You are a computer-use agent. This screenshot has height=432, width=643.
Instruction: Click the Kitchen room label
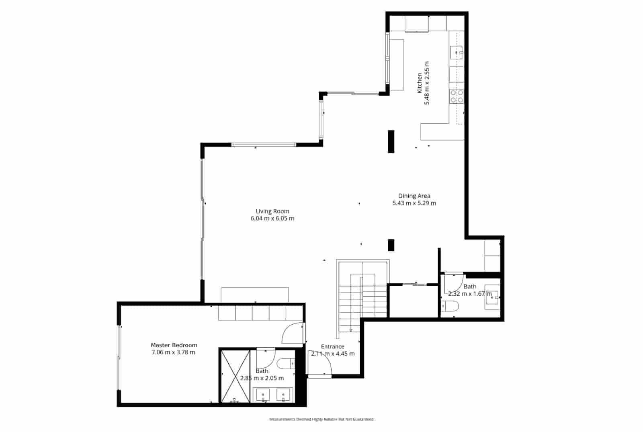coord(420,83)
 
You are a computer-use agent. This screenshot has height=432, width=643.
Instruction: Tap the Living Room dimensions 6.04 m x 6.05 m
coord(272,219)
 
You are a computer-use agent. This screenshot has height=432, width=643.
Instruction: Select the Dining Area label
coord(414,196)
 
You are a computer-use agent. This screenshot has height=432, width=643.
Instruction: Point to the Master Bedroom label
coord(174,345)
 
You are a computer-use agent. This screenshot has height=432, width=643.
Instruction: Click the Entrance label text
coord(332,346)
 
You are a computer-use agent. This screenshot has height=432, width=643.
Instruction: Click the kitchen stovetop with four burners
coord(457,96)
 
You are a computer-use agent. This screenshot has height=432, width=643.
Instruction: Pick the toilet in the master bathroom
coord(287,364)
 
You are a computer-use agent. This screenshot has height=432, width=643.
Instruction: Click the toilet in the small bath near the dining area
coord(451,307)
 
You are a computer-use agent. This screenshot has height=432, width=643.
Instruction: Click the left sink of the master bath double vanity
coord(263,395)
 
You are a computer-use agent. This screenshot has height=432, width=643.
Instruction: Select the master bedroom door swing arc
coord(292,334)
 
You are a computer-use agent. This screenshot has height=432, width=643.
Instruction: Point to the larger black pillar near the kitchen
coord(391,141)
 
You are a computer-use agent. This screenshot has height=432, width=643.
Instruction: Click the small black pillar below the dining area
coord(391,245)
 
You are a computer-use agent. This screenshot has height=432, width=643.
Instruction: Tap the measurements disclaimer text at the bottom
coord(321,419)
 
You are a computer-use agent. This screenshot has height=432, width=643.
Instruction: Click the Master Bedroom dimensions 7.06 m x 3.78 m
coord(173,352)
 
